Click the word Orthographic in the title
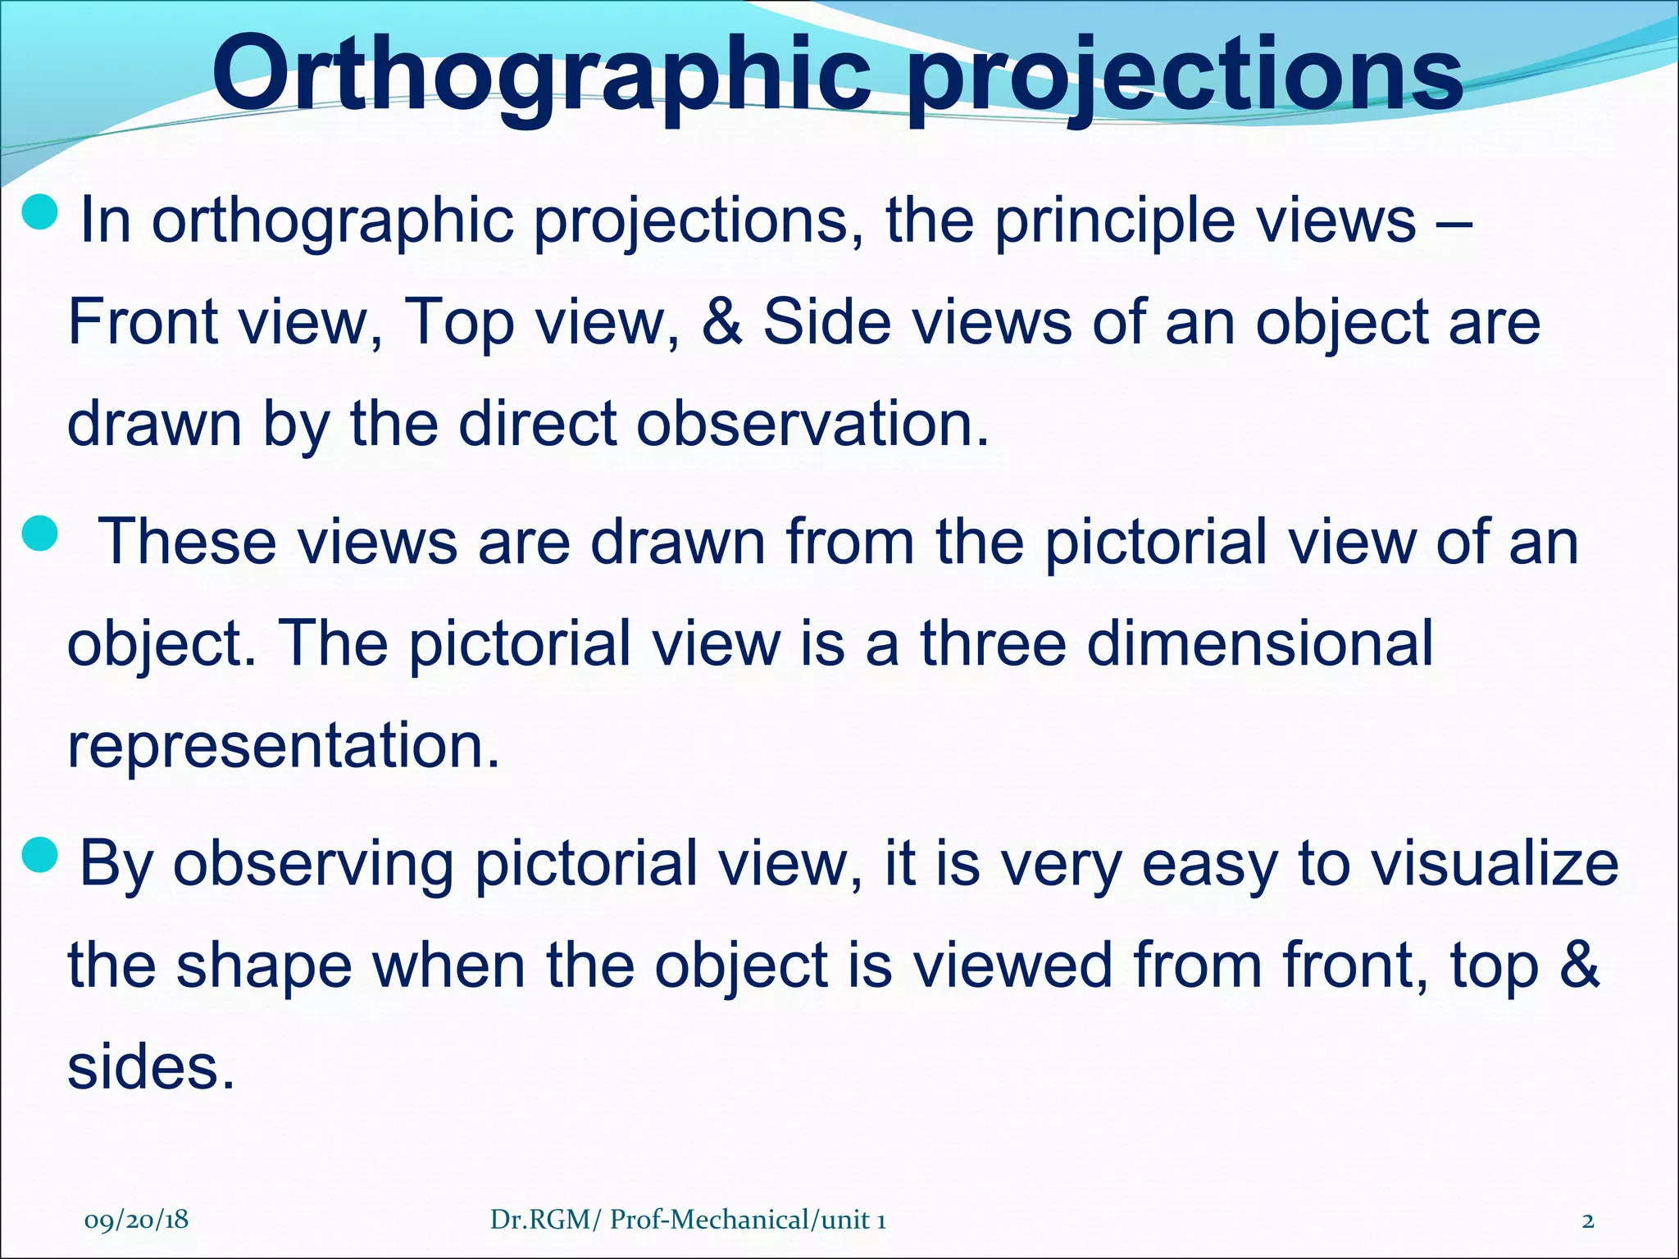point(541,75)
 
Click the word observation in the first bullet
point(812,424)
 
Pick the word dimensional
point(1259,643)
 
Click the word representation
point(283,746)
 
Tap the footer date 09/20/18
point(136,1220)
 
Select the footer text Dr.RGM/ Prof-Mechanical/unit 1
point(687,1220)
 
